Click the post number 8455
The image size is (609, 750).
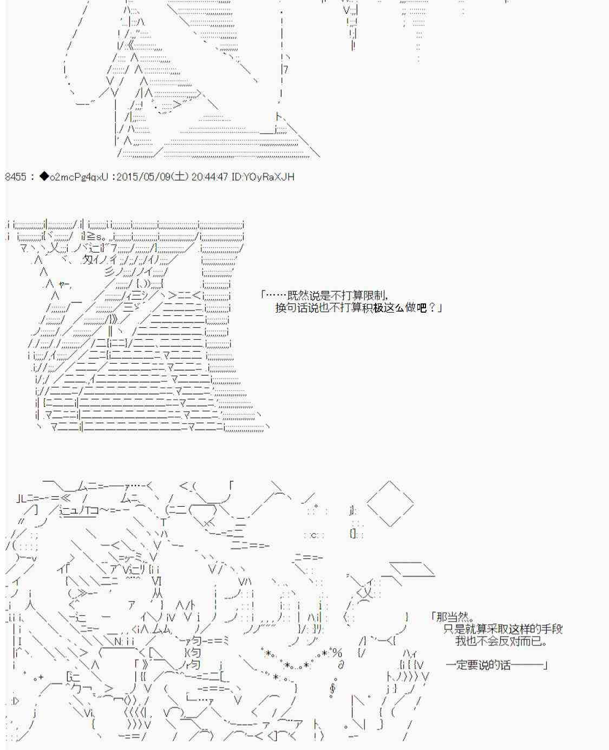(16, 177)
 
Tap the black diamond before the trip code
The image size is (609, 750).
(44, 176)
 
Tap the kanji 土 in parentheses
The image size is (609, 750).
(179, 176)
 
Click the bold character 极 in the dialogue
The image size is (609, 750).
(378, 308)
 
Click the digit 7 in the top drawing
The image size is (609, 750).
(285, 69)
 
